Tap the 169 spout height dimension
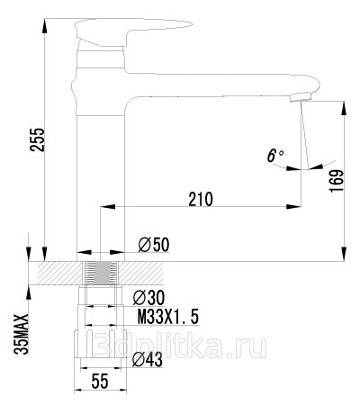[337, 181]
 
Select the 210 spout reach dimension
[201, 199]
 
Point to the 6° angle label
[275, 156]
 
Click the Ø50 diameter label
[154, 245]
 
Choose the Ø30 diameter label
[148, 298]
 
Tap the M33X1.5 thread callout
[168, 317]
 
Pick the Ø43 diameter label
[148, 359]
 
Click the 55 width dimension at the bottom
[100, 382]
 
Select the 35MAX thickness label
[22, 334]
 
